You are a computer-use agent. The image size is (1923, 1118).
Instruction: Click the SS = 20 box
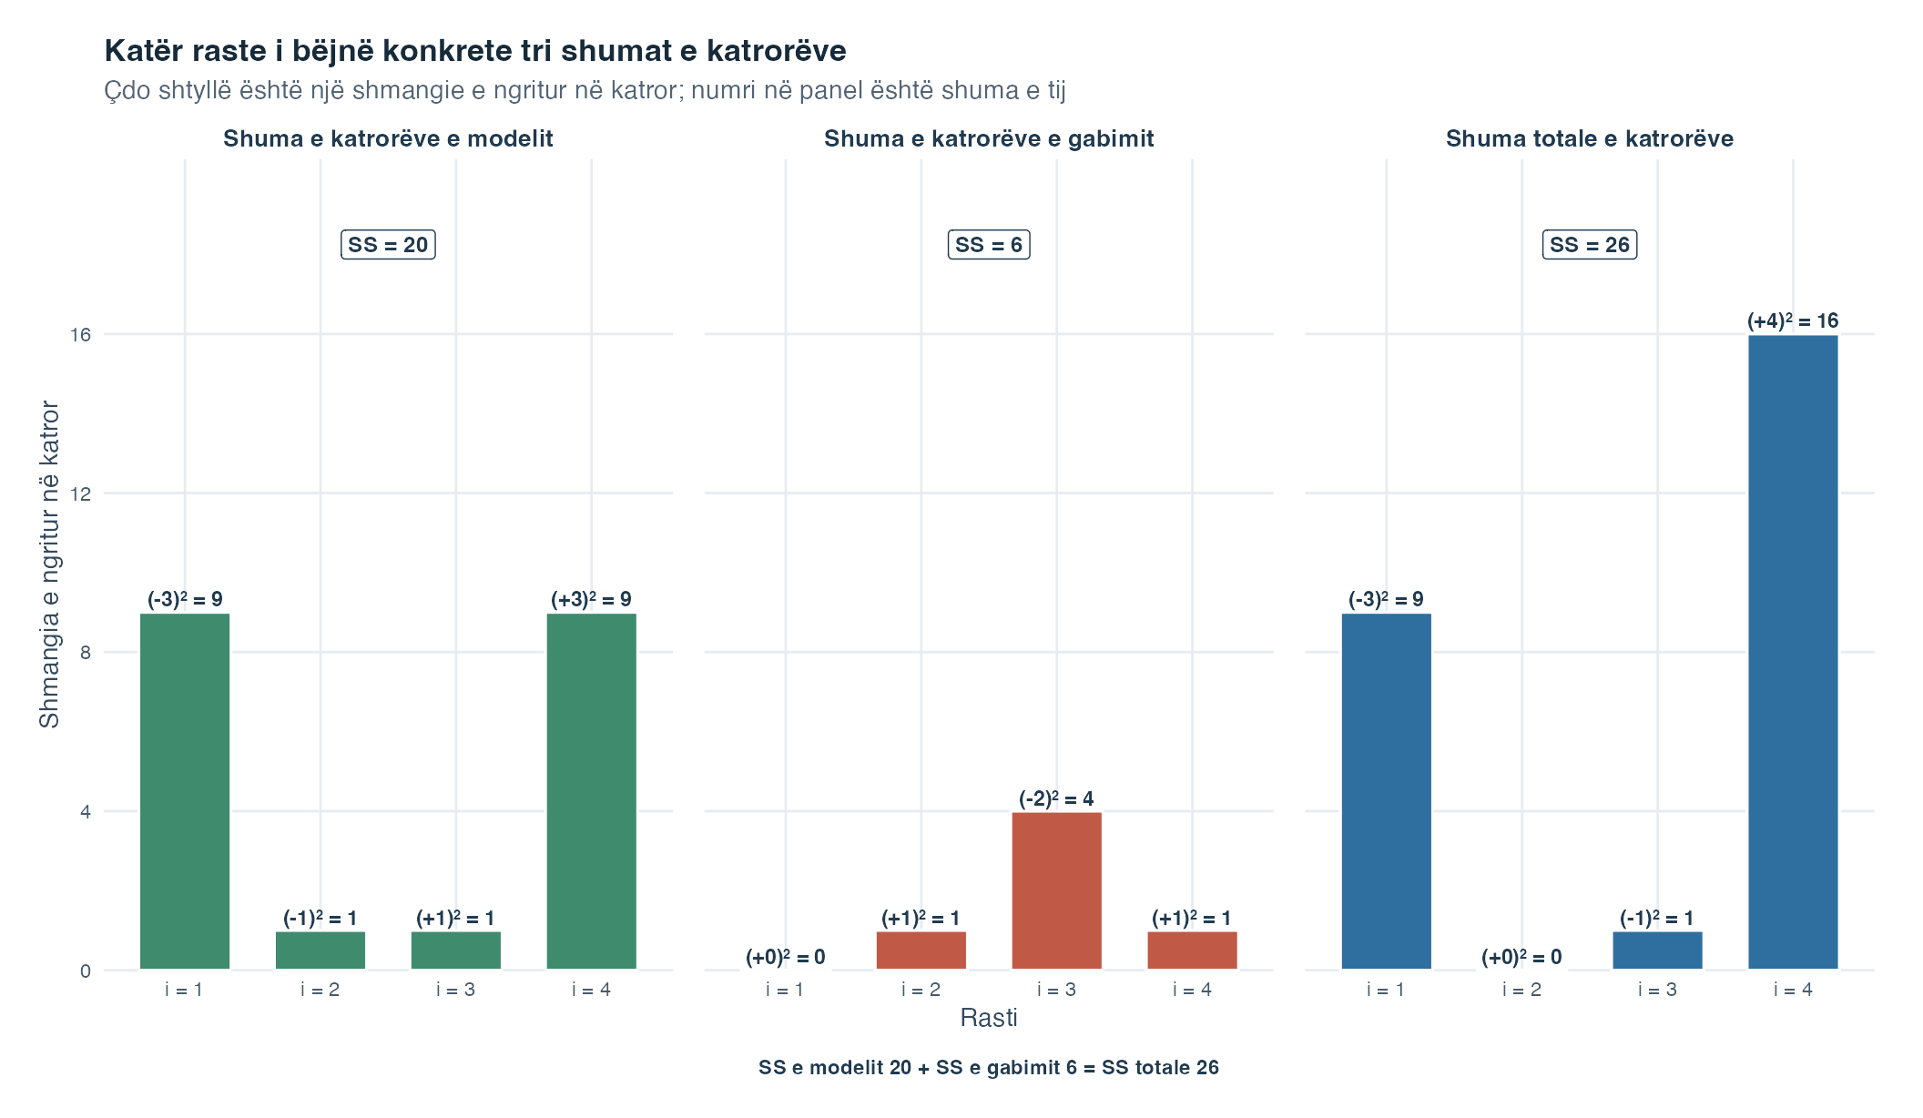[388, 245]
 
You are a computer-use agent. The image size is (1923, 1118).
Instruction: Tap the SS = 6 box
[989, 245]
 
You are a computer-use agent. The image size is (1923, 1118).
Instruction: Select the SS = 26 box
[1590, 245]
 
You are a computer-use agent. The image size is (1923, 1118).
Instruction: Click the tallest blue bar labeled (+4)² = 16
[1793, 652]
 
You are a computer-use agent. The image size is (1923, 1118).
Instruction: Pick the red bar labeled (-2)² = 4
[1056, 890]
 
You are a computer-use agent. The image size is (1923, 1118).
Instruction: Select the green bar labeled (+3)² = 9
[592, 791]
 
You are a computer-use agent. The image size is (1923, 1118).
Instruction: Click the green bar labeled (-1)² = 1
[320, 950]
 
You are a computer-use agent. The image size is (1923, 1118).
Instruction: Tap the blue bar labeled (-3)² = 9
[1387, 791]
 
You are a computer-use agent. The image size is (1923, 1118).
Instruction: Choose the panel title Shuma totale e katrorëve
[1590, 138]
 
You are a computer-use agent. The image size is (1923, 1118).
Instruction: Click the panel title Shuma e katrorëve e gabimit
[989, 138]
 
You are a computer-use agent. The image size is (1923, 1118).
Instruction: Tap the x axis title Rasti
[989, 1018]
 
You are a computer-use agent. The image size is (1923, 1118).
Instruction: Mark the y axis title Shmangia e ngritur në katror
[49, 564]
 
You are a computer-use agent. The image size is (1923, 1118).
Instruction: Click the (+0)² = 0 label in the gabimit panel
[786, 957]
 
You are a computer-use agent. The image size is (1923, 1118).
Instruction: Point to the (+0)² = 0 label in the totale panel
[1521, 957]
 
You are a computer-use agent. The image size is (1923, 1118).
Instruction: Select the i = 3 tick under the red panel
[1056, 990]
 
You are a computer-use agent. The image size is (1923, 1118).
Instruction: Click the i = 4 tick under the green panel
[592, 990]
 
